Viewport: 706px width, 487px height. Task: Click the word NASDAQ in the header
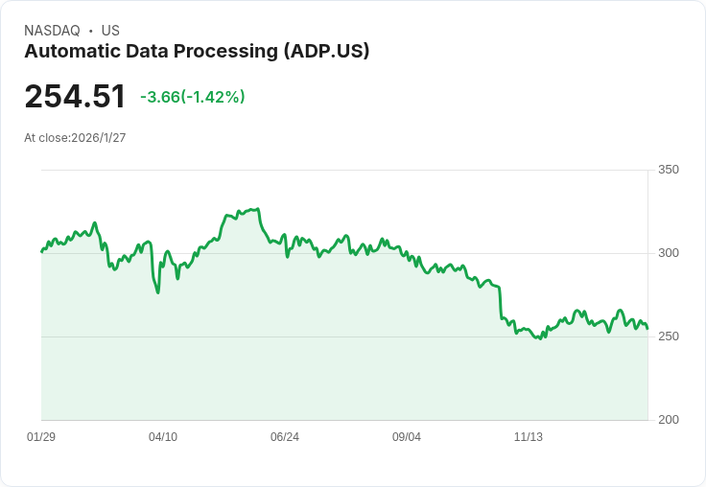(52, 31)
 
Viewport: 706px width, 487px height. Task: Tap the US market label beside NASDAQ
(110, 31)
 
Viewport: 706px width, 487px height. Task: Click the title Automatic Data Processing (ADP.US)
(197, 52)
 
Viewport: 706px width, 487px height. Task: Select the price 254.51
(75, 97)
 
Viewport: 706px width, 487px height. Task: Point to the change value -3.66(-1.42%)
(192, 97)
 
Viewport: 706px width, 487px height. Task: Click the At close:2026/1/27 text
(75, 138)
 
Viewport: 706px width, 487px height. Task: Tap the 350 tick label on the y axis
(669, 170)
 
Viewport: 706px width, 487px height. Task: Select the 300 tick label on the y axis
(669, 253)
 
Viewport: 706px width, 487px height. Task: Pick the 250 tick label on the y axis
(669, 336)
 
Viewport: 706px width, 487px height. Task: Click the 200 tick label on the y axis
(669, 420)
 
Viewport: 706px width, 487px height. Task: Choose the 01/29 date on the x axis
(41, 437)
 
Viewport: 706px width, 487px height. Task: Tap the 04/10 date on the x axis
(163, 437)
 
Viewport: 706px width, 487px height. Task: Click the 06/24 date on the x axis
(285, 437)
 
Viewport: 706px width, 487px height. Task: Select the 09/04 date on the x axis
(407, 437)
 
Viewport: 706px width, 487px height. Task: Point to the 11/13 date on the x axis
(529, 437)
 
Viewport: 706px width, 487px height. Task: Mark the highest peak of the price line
(257, 208)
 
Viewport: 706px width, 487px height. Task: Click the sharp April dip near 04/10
(157, 291)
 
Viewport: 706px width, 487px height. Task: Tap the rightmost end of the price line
(647, 329)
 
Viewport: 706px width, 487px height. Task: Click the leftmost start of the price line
(41, 251)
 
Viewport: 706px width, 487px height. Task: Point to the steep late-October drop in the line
(500, 303)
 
